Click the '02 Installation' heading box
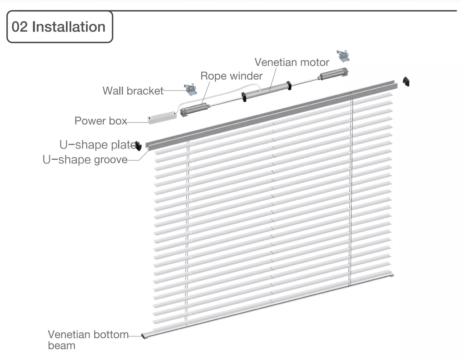(x=59, y=27)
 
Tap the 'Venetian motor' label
(x=292, y=62)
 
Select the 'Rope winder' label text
(x=231, y=76)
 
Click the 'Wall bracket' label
(x=133, y=91)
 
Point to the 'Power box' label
(x=101, y=121)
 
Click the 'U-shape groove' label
(x=85, y=160)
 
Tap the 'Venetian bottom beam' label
(x=88, y=340)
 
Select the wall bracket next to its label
(x=190, y=90)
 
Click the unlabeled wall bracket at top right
(x=343, y=56)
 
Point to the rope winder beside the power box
(x=195, y=109)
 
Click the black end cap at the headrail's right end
(x=406, y=82)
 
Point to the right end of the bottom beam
(x=391, y=275)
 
